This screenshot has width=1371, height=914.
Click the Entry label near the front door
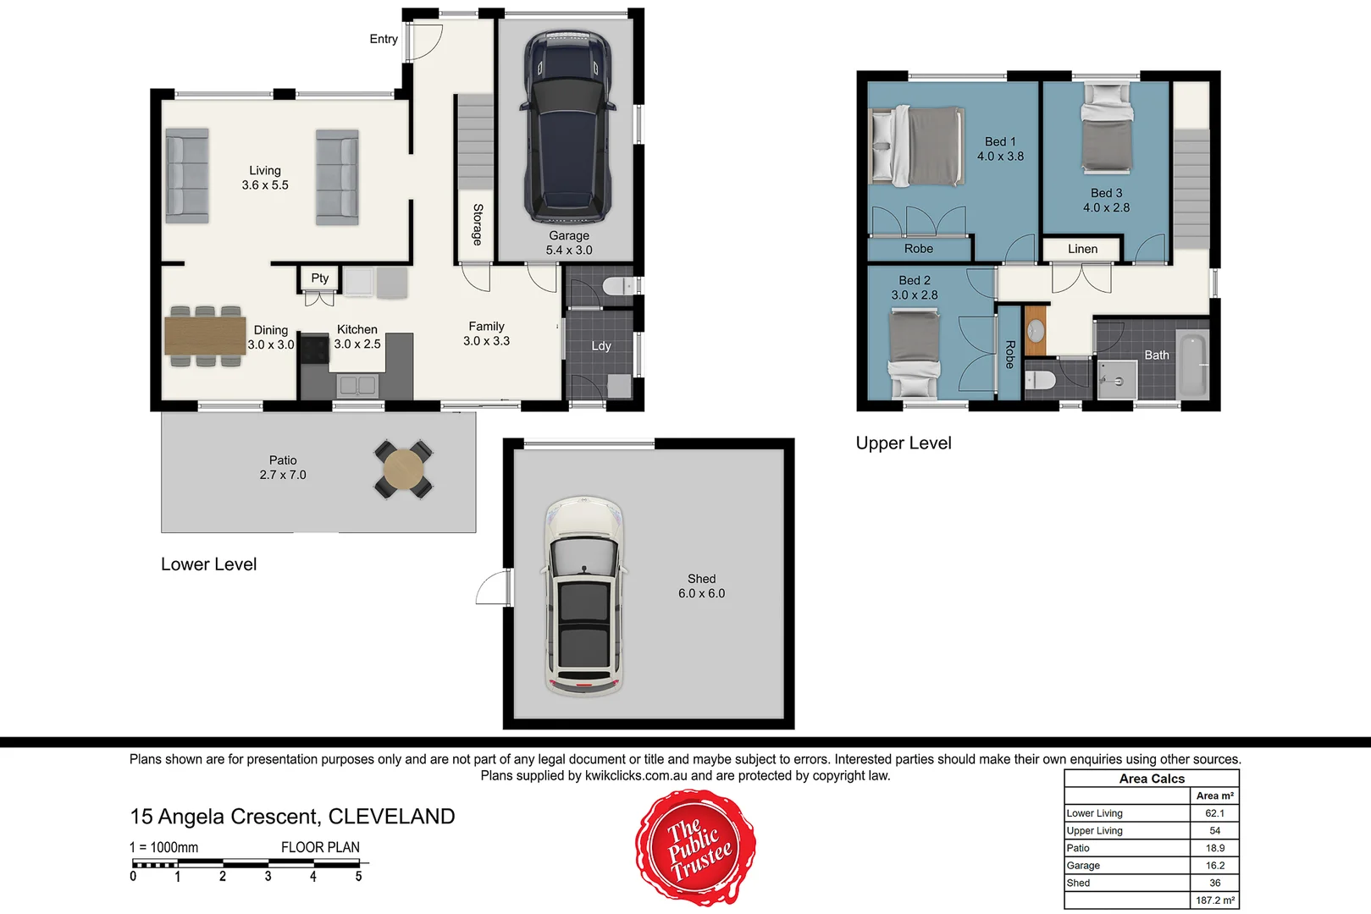(x=383, y=39)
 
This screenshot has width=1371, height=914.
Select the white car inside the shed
(x=583, y=597)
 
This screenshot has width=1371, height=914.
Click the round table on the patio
(x=404, y=469)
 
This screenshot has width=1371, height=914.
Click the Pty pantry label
(x=319, y=278)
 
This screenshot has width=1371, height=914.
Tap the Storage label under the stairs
(x=477, y=224)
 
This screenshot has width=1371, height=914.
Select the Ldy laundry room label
(x=600, y=345)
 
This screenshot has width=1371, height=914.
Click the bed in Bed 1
(x=918, y=146)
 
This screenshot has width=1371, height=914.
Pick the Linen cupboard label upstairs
(x=1082, y=249)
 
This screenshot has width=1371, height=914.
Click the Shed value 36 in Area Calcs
(x=1214, y=883)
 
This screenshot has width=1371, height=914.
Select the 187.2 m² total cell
(x=1214, y=900)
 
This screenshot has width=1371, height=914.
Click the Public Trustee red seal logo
(x=696, y=848)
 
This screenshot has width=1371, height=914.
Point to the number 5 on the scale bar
(x=358, y=877)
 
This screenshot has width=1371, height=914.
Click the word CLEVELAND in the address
(x=391, y=817)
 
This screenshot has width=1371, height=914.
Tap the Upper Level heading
(x=903, y=443)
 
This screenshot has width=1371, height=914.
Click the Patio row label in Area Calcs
(x=1078, y=848)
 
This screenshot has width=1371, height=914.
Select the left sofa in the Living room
(x=186, y=176)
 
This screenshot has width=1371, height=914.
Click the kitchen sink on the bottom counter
(x=357, y=385)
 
